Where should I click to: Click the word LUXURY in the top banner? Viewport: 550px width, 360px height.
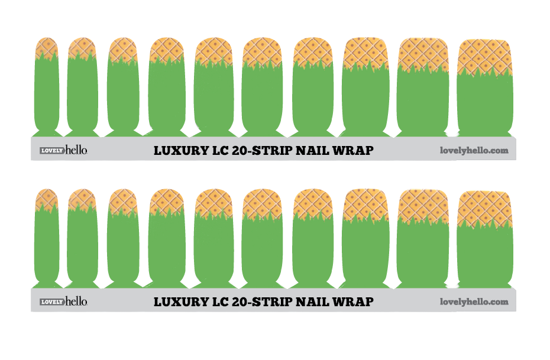175,151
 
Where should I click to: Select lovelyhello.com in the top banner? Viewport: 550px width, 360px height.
474,151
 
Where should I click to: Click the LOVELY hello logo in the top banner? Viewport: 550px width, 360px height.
63,150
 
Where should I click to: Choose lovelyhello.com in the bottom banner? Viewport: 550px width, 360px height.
474,302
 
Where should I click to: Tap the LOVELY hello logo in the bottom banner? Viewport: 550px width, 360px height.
63,301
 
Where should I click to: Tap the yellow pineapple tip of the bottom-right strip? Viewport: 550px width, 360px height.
484,207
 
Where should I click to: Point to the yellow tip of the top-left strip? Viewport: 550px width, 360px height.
46,46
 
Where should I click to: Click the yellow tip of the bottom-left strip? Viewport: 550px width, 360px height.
46,197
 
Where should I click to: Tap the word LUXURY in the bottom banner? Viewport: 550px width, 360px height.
175,302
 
